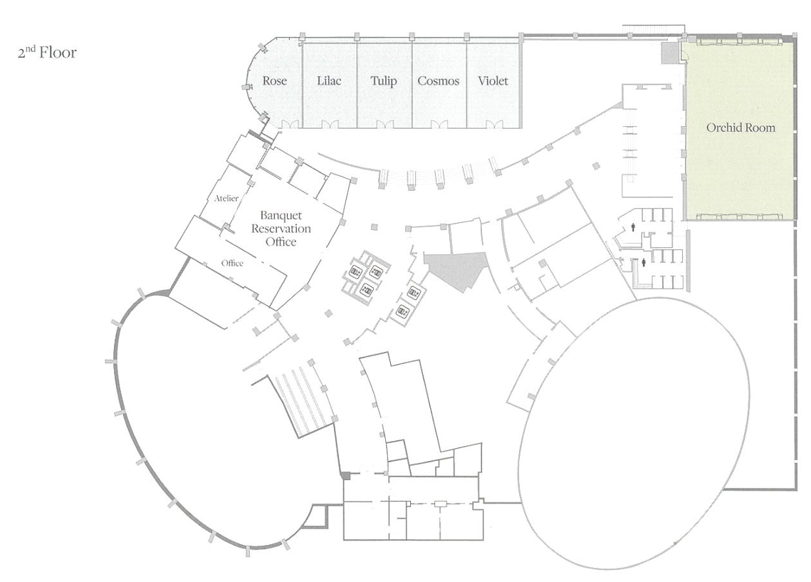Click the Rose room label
[x=274, y=80]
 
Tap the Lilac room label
[x=329, y=80]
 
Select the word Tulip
[x=383, y=81]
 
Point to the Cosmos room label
[x=438, y=80]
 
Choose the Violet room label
[x=493, y=80]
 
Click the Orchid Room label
[x=741, y=128]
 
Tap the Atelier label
[x=226, y=198]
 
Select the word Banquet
[x=281, y=215]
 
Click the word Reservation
[x=281, y=228]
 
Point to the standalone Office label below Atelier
[x=232, y=263]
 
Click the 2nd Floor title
[x=47, y=52]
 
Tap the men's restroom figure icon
[x=634, y=226]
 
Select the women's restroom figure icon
[x=644, y=262]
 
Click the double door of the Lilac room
[x=329, y=124]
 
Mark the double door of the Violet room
[x=493, y=124]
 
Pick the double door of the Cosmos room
[x=439, y=124]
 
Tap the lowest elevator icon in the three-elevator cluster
[x=366, y=291]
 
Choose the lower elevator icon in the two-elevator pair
[x=403, y=311]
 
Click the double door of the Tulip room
[x=384, y=124]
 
